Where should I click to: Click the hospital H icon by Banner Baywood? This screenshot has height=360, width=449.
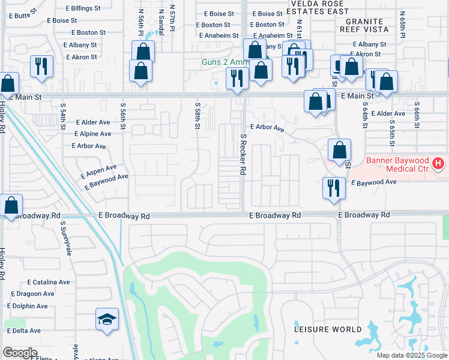click(439, 163)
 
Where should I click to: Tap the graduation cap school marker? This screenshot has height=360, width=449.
click(106, 319)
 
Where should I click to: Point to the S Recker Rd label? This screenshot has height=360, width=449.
click(244, 154)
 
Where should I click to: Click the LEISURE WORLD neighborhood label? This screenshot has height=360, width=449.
click(328, 329)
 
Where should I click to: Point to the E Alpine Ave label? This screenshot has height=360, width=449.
click(92, 134)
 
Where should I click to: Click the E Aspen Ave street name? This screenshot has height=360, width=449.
click(98, 172)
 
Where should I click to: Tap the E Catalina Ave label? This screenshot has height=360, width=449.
click(49, 282)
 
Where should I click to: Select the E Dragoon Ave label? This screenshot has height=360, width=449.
click(32, 294)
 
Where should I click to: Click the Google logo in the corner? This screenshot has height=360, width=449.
click(20, 353)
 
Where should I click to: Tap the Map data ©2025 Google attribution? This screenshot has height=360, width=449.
click(411, 355)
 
